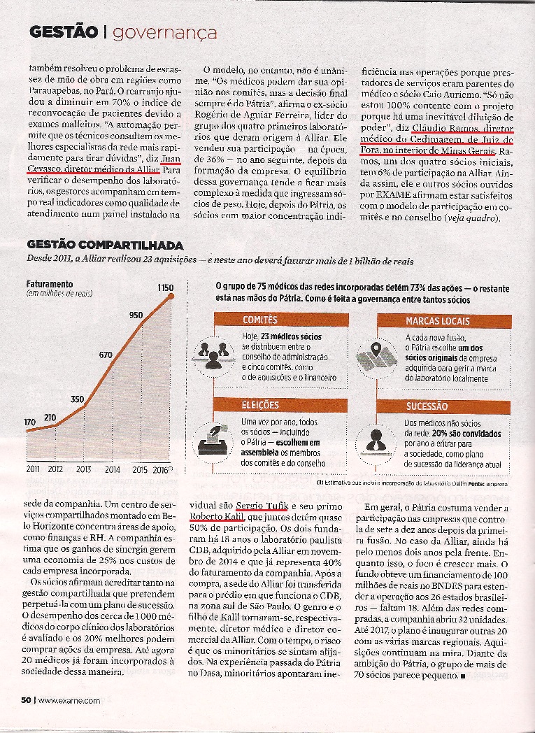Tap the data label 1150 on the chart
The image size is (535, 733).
click(165, 287)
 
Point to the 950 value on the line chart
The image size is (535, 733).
click(136, 315)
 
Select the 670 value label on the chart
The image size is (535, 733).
click(106, 355)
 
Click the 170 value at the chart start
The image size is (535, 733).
click(29, 422)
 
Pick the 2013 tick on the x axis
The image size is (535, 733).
click(83, 469)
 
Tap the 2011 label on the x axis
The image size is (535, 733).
click(33, 469)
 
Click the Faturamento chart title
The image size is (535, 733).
click(50, 285)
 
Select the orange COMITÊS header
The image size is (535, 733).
click(260, 320)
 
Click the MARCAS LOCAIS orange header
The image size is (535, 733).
click(432, 321)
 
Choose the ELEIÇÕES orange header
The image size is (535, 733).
click(260, 406)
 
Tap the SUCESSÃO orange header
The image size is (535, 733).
click(426, 406)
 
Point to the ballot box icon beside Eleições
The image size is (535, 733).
click(213, 439)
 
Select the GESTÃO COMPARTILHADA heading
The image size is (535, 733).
click(105, 245)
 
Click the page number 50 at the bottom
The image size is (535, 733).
click(26, 699)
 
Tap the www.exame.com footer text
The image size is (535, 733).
click(69, 699)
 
